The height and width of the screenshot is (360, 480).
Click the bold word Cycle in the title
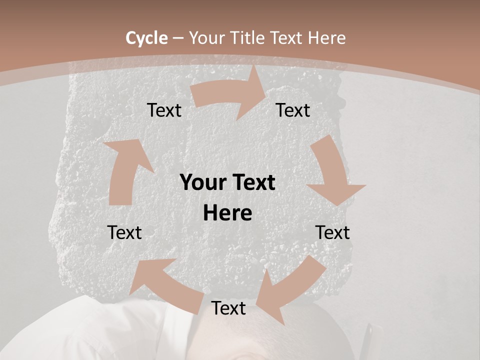pyautogui.click(x=146, y=38)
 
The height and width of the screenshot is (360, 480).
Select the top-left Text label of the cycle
pyautogui.click(x=164, y=110)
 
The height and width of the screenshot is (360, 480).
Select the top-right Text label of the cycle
pyautogui.click(x=293, y=110)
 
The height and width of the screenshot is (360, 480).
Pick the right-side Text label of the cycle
pyautogui.click(x=332, y=232)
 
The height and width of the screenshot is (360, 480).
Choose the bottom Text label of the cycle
pyautogui.click(x=228, y=308)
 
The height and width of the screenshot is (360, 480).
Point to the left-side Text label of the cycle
pyautogui.click(x=124, y=232)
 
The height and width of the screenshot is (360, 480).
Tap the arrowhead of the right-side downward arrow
pyautogui.click(x=336, y=192)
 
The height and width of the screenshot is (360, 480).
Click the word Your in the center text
pyautogui.click(x=199, y=182)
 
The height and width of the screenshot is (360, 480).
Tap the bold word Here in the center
pyautogui.click(x=227, y=213)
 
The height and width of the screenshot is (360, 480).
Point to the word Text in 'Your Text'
pyautogui.click(x=253, y=182)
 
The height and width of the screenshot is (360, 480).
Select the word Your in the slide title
pyautogui.click(x=205, y=38)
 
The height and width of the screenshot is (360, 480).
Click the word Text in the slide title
pyautogui.click(x=287, y=38)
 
